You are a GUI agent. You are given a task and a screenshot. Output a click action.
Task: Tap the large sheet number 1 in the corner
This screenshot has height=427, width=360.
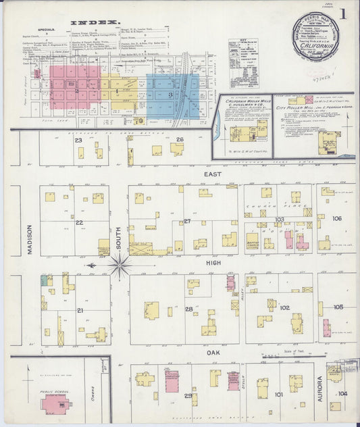[344, 14]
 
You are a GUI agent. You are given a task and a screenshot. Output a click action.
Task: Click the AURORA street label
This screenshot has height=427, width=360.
[319, 386]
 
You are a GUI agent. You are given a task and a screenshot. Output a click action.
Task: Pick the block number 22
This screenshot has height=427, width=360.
[79, 222]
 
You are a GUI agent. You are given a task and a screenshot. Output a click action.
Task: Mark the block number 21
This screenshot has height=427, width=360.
[79, 310]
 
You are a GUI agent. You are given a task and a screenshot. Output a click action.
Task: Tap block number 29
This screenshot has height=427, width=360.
[188, 395]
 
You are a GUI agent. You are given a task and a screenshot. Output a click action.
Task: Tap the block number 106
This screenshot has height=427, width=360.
[337, 218]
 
